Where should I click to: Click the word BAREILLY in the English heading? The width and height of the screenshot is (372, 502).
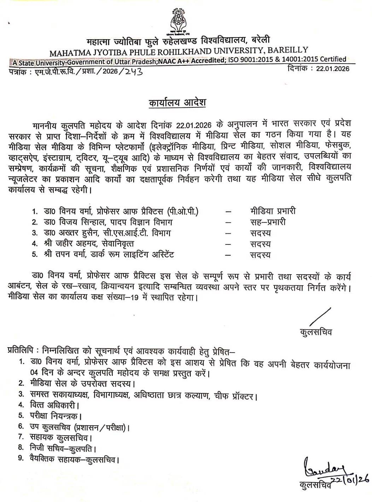(x=288, y=51)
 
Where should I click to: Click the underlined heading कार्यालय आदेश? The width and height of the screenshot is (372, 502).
(x=177, y=103)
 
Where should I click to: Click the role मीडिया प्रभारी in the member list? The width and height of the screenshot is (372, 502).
(x=272, y=211)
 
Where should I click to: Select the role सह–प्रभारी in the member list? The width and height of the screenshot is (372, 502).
(x=268, y=222)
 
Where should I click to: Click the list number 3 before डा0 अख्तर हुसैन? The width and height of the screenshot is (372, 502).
(x=34, y=233)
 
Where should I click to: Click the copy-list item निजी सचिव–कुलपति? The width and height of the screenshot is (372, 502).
(x=63, y=448)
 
